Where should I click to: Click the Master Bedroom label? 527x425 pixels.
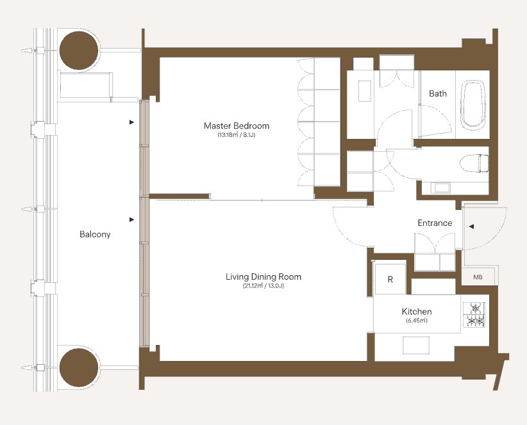[237, 126]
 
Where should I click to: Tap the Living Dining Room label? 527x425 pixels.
[263, 277]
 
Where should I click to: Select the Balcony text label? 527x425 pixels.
[95, 234]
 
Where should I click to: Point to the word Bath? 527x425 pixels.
[438, 93]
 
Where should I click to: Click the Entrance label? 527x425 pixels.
[435, 223]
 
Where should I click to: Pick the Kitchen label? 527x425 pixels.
[417, 311]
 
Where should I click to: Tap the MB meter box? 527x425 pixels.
[478, 277]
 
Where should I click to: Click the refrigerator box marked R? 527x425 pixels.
[390, 279]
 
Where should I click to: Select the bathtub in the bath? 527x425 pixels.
[474, 105]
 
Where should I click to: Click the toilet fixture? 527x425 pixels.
[474, 163]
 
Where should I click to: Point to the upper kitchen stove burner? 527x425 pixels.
[474, 309]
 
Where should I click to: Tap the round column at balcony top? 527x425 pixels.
[79, 51]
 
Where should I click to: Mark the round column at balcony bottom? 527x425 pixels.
[79, 367]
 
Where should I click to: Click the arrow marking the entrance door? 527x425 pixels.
[471, 227]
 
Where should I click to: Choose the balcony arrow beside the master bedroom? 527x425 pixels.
[132, 122]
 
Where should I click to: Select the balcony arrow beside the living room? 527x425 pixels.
[132, 220]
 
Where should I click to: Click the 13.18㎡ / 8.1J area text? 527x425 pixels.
[237, 136]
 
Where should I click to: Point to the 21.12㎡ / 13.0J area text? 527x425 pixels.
[263, 286]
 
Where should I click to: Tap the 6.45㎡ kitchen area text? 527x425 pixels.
[417, 320]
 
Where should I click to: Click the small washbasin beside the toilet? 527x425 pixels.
[441, 188]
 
